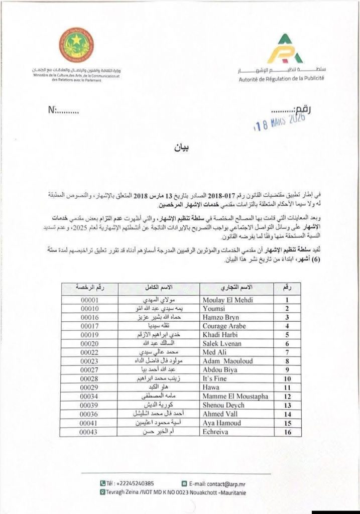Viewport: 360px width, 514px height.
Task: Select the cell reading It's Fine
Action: [214, 379]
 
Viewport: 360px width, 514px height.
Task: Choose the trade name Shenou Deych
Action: [223, 405]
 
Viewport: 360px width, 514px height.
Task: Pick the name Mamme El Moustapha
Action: [234, 397]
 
